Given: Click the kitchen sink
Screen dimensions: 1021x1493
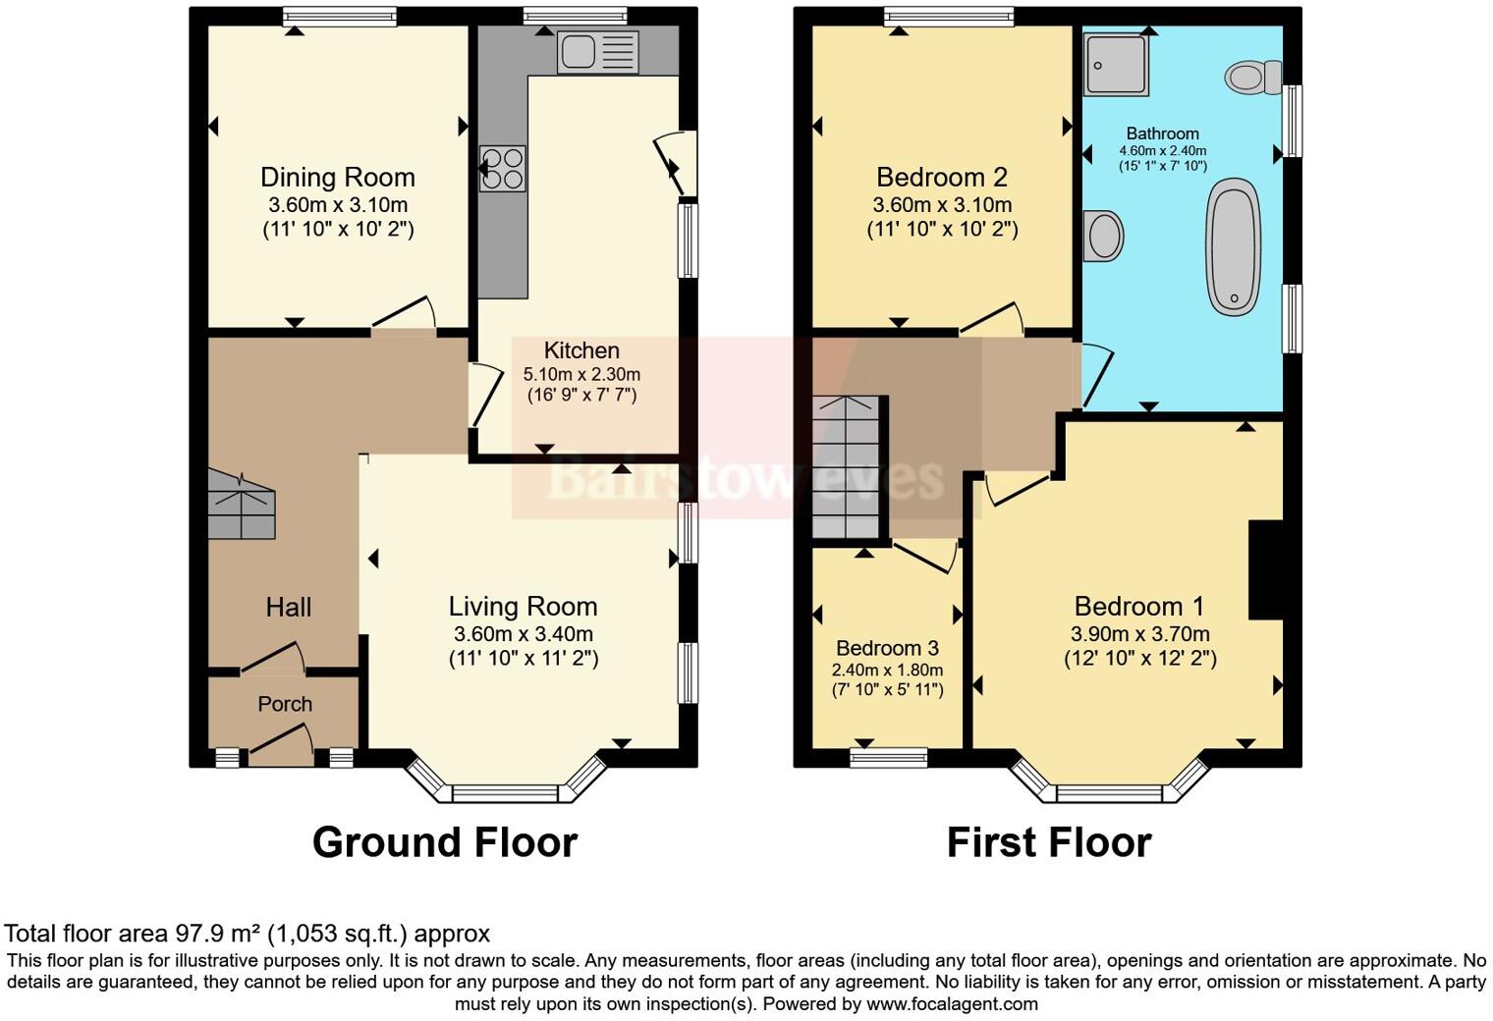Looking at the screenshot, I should coord(597,52).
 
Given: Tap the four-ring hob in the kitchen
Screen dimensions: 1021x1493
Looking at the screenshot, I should coord(502,168).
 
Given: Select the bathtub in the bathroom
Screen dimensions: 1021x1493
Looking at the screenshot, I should coord(1234,246).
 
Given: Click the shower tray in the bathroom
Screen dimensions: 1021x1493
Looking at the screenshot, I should coord(1116,65).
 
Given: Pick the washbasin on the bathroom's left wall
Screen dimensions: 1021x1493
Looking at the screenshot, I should coord(1104,236).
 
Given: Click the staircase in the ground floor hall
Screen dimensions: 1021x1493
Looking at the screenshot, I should coord(241,504).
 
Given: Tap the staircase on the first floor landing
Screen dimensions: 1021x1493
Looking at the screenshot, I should coord(850,467).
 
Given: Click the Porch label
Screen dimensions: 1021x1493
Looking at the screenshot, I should coord(285,704).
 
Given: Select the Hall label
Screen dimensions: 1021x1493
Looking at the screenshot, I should coord(288,608).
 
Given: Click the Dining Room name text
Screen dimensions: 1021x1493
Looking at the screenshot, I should coord(337,178).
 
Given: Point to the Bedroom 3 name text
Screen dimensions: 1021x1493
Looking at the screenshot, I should coord(887,648).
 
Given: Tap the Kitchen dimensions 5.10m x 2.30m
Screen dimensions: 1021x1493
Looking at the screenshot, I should coord(581,374).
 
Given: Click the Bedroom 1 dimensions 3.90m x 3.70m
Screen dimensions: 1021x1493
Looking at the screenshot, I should coord(1139,634).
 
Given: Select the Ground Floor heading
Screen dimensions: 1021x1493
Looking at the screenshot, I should coord(444,842).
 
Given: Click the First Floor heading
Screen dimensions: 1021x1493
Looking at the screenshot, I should coord(1048,842).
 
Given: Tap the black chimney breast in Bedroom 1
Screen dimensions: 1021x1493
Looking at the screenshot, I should coord(1265,569).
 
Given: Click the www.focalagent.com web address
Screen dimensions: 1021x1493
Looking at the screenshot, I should coord(952,1003).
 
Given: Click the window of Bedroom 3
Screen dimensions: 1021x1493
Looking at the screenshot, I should coord(888,757).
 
